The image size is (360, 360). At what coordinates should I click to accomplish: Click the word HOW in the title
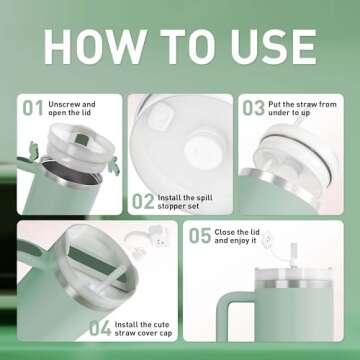(x=95, y=47)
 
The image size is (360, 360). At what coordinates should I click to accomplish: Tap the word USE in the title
(x=274, y=47)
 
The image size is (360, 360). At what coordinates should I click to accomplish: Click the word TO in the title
(x=188, y=47)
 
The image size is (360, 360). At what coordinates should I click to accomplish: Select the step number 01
(x=33, y=109)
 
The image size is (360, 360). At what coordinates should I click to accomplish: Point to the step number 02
(x=143, y=201)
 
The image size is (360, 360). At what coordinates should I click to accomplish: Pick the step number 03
(x=253, y=108)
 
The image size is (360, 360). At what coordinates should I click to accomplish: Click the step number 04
(x=100, y=329)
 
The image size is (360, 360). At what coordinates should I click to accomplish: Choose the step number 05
(x=200, y=236)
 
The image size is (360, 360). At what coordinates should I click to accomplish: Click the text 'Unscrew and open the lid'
(x=72, y=109)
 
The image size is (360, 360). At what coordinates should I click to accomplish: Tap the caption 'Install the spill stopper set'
(x=185, y=202)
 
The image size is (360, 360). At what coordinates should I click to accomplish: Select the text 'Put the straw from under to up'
(x=302, y=109)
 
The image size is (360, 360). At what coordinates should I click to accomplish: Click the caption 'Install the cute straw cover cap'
(x=143, y=329)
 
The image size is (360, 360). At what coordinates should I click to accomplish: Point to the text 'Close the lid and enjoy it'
(x=237, y=236)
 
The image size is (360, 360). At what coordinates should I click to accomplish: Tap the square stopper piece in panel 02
(x=160, y=115)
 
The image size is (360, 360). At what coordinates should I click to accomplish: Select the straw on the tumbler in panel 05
(x=294, y=256)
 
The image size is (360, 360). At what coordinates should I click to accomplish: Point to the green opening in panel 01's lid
(x=82, y=139)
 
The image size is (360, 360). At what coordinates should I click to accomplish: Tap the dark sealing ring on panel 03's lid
(x=300, y=152)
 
